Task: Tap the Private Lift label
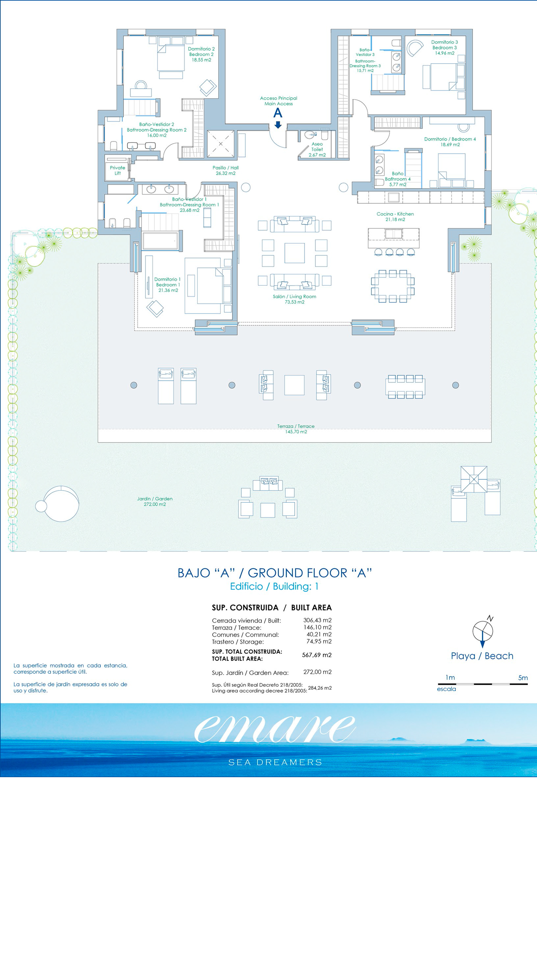[117, 170]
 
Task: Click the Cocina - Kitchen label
[395, 217]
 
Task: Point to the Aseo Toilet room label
[317, 149]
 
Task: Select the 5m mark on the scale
[523, 678]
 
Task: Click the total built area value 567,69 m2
[317, 655]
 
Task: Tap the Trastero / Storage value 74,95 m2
[319, 641]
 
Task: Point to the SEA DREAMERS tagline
[275, 762]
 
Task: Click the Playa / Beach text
[482, 656]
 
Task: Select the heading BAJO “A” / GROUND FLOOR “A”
[275, 573]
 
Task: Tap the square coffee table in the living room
[295, 253]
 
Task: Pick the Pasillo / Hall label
[226, 170]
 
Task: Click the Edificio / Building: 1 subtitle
[274, 586]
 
